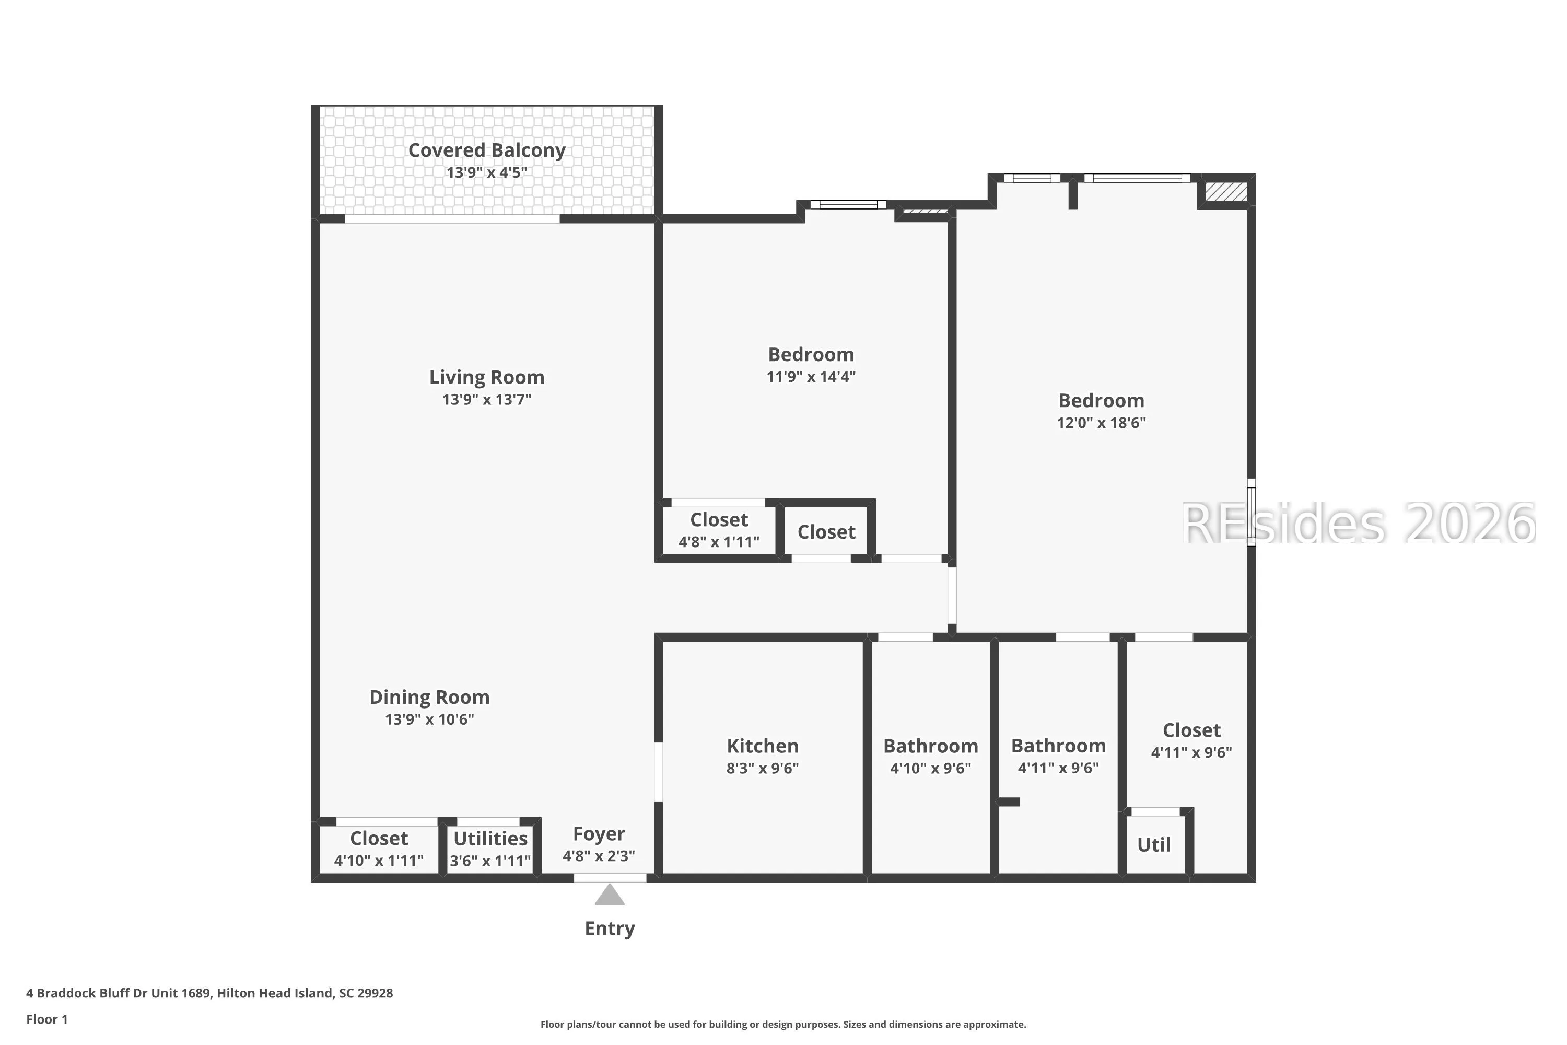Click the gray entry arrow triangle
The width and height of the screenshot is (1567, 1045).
point(610,895)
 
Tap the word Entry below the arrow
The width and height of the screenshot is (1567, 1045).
point(610,928)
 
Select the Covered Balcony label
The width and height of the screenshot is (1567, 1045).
point(486,150)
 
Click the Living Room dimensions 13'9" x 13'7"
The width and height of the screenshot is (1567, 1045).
point(486,399)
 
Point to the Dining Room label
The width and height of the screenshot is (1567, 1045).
point(430,697)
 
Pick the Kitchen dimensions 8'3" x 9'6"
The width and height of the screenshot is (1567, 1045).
point(762,768)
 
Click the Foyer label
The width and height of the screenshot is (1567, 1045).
point(599,834)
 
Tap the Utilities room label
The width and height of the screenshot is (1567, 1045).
point(490,839)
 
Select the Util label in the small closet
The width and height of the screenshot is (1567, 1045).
point(1154,845)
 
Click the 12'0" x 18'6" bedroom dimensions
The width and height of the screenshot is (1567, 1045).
point(1101,423)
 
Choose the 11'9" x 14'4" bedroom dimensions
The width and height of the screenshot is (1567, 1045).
point(811,377)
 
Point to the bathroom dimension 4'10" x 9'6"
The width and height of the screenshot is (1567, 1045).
point(931,768)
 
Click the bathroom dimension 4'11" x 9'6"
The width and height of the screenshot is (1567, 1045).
point(1059,768)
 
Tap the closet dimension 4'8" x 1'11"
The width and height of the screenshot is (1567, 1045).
point(719,542)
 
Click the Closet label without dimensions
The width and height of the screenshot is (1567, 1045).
point(826,532)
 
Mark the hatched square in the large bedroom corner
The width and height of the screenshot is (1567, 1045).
point(1226,192)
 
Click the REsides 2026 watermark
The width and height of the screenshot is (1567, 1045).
point(1359,524)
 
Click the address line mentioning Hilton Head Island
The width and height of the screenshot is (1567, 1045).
point(210,993)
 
